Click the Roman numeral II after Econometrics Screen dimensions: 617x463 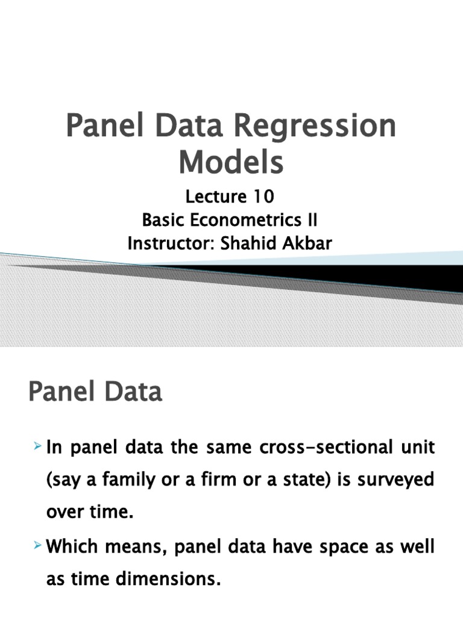312,221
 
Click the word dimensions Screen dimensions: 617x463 163,564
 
